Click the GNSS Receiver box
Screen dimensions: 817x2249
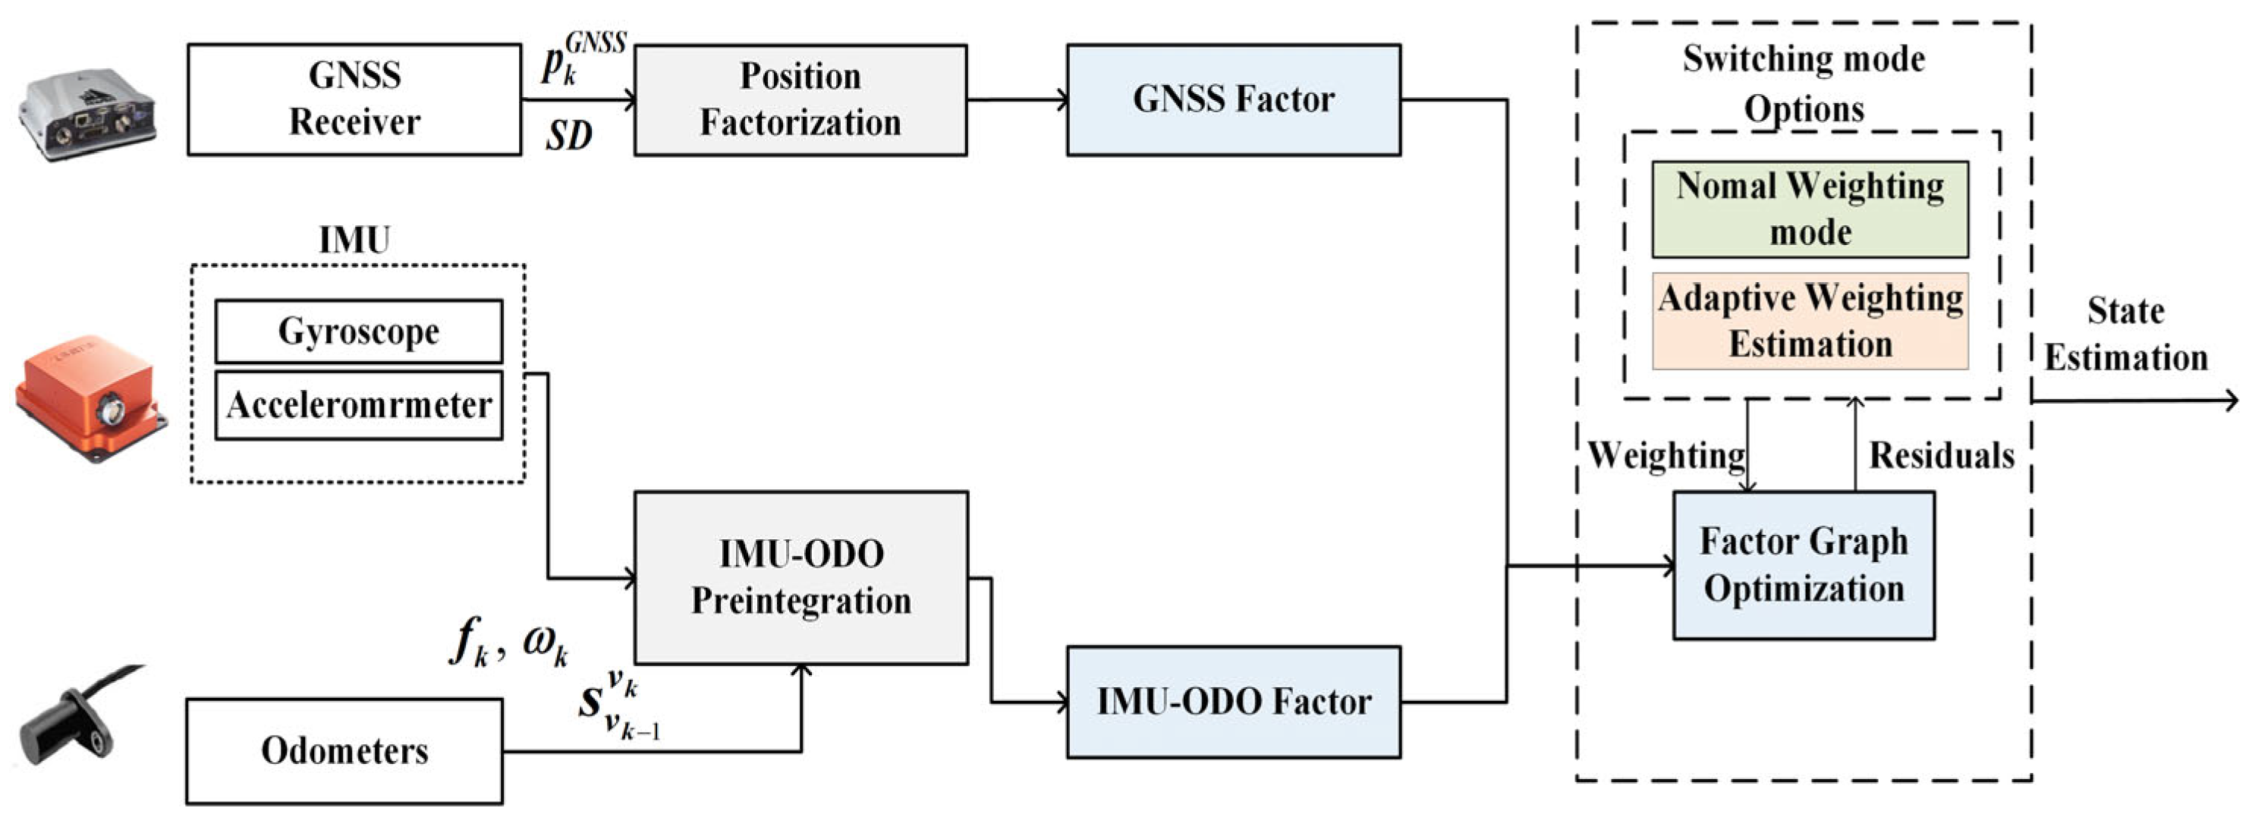(354, 99)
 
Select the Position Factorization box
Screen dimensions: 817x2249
(800, 99)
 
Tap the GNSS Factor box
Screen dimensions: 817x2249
(1233, 99)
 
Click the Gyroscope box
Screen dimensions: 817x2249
(358, 331)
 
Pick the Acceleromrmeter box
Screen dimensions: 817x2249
(358, 405)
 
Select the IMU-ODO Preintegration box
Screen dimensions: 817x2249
(800, 577)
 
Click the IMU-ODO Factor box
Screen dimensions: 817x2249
(1233, 702)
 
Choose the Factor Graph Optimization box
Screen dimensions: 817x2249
(1803, 564)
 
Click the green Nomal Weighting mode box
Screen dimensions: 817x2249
(1809, 209)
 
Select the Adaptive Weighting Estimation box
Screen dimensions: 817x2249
(1809, 321)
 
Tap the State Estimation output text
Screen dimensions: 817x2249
(2125, 335)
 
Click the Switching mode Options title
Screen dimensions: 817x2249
(1803, 83)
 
